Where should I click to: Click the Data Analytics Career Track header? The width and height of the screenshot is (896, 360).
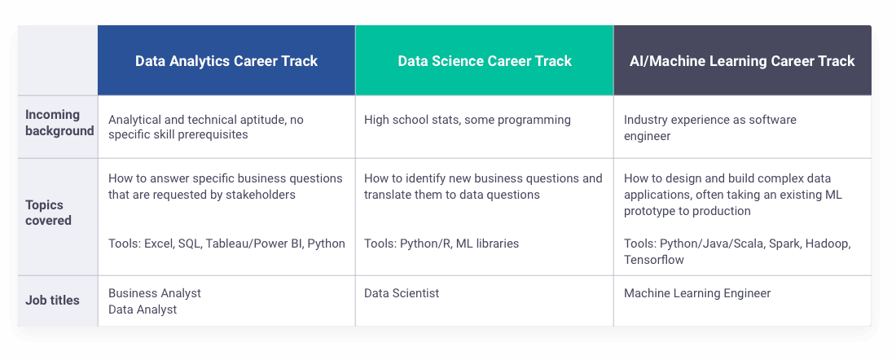click(226, 61)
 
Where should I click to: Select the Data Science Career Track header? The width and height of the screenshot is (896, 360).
click(485, 61)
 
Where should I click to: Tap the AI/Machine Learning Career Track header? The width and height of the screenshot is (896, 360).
click(742, 61)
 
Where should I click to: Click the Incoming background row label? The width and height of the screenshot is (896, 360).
click(59, 123)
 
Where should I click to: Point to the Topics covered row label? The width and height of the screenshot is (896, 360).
click(49, 213)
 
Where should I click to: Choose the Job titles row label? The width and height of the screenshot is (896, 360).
click(52, 300)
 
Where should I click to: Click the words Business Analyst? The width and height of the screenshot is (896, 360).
click(155, 293)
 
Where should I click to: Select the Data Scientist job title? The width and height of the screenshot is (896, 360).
click(402, 293)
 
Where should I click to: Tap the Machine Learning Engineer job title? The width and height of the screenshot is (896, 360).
click(697, 294)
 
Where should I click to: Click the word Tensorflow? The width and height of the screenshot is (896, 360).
click(654, 260)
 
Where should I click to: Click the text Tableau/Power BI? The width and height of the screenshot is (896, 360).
click(255, 244)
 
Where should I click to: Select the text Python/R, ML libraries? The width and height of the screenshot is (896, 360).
click(459, 244)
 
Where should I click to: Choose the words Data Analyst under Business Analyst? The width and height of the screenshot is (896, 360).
click(143, 310)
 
